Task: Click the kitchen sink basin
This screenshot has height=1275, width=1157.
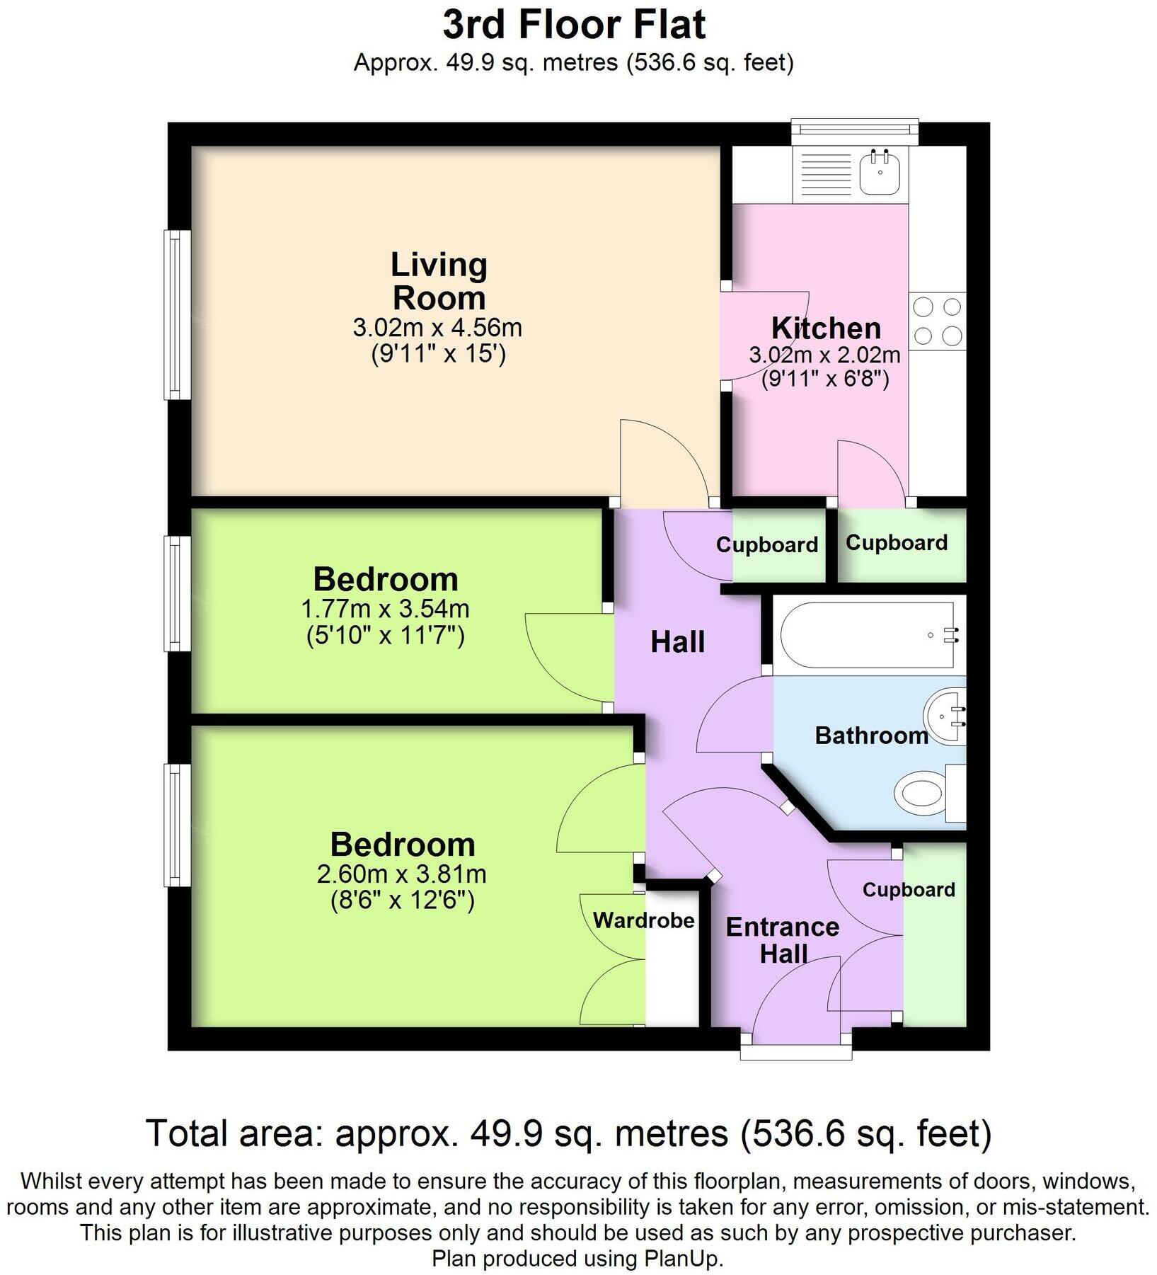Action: point(880,172)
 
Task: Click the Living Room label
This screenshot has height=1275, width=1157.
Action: point(439,281)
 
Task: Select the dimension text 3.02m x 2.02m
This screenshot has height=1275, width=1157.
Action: point(824,355)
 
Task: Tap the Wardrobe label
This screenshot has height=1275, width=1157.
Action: point(643,920)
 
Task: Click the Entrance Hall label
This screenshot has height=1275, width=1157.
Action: point(783,939)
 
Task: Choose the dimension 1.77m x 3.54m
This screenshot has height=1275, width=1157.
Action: point(385,608)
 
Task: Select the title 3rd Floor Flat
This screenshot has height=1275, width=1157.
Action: point(574,25)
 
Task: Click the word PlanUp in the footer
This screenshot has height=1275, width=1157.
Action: point(681,1257)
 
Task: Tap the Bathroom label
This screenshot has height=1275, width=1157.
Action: point(871,735)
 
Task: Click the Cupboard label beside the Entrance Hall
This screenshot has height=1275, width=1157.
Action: point(909,889)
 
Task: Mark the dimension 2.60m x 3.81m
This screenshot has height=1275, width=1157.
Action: point(401,874)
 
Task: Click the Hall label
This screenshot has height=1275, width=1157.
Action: point(677,641)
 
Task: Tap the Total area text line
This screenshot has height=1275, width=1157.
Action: point(568,1133)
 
